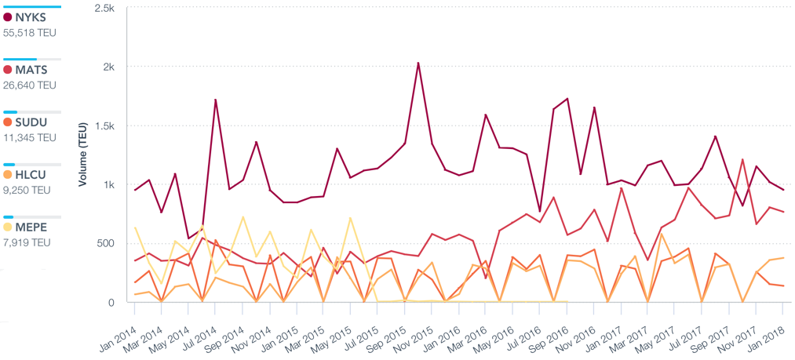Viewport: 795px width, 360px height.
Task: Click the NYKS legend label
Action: [x=31, y=17]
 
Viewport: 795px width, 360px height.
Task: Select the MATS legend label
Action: [x=31, y=70]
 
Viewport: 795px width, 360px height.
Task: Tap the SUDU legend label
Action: [x=31, y=122]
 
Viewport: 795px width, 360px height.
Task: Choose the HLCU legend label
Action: [x=31, y=175]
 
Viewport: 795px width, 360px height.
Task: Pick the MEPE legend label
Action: [x=31, y=227]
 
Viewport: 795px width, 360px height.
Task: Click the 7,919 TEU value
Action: [x=28, y=243]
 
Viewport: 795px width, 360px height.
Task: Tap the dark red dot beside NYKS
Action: [x=8, y=17]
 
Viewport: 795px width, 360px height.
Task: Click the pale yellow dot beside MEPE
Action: [x=8, y=227]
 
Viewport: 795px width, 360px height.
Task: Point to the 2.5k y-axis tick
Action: [x=104, y=8]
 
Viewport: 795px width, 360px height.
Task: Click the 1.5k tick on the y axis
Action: [x=104, y=125]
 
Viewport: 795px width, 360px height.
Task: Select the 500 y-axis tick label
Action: [x=105, y=243]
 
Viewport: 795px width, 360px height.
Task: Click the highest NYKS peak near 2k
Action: [x=418, y=63]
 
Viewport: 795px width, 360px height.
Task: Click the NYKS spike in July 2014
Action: [x=216, y=100]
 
